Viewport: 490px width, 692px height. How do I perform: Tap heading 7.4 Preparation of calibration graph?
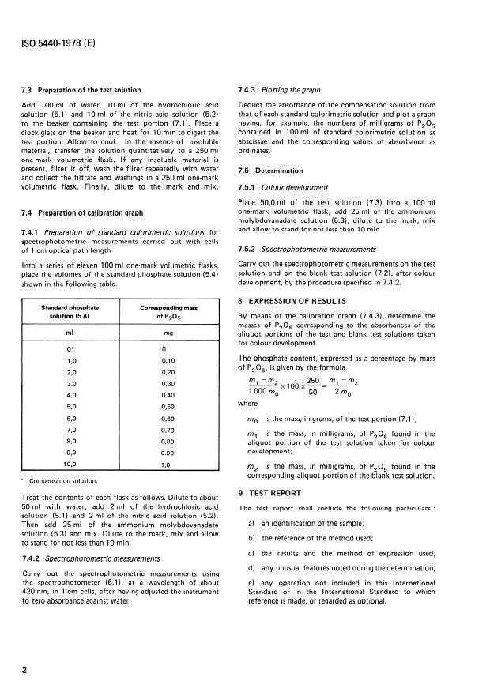pyautogui.click(x=89, y=215)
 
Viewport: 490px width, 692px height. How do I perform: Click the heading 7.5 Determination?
pyautogui.click(x=270, y=170)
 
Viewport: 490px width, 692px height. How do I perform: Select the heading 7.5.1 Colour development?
pyautogui.click(x=284, y=188)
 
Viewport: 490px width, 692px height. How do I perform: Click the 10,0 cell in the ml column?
pyautogui.click(x=71, y=464)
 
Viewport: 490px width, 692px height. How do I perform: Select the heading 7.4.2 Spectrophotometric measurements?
pyautogui.click(x=100, y=559)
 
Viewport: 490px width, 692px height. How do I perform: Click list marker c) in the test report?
pyautogui.click(x=251, y=552)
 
